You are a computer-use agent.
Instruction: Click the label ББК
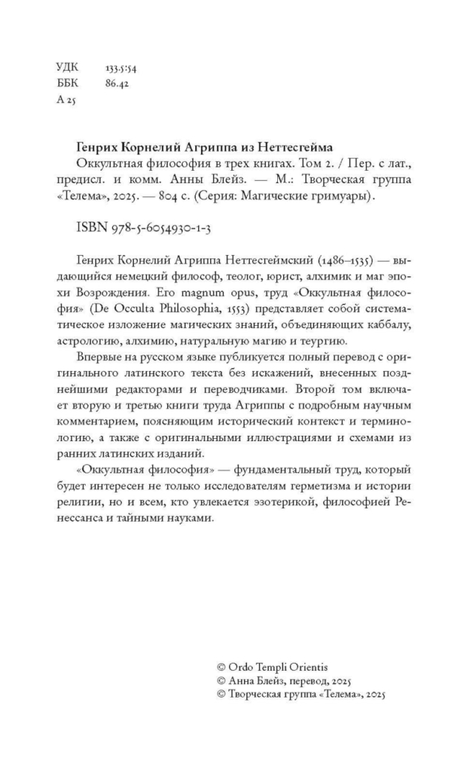[x=67, y=83]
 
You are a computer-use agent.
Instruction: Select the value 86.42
[x=107, y=83]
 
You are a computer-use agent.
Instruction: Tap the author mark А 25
[x=66, y=99]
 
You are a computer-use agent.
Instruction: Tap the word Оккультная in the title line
[x=109, y=163]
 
